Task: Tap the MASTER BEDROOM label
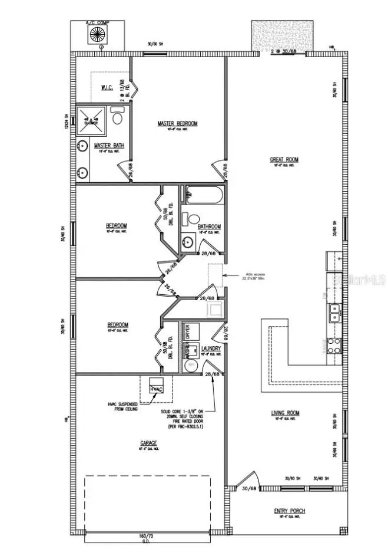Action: (x=177, y=123)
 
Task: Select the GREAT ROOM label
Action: (x=284, y=159)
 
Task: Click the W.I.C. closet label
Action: (x=107, y=88)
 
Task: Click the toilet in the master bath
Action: (x=117, y=119)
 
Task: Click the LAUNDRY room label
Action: (x=211, y=349)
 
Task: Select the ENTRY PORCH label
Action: (x=289, y=511)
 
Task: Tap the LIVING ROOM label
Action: (x=285, y=413)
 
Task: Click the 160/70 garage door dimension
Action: (x=146, y=536)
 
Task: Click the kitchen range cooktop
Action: (x=334, y=345)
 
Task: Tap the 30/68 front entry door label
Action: (x=249, y=488)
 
